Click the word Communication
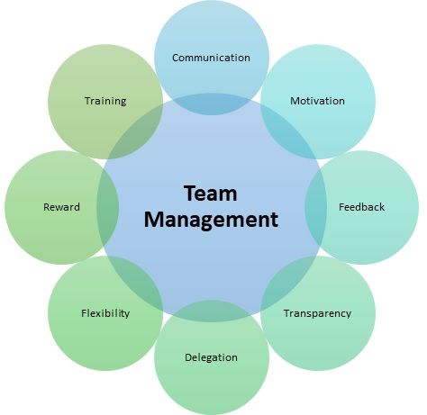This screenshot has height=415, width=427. pyautogui.click(x=211, y=58)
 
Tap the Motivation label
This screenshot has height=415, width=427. pyautogui.click(x=317, y=101)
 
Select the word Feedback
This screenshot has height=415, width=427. pyautogui.click(x=361, y=207)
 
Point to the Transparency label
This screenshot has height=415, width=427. pyautogui.click(x=317, y=313)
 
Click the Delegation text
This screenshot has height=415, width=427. pyautogui.click(x=211, y=357)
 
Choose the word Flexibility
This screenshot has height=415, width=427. pyautogui.click(x=105, y=313)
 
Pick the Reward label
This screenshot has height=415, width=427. pyautogui.click(x=61, y=207)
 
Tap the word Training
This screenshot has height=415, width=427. pyautogui.click(x=105, y=101)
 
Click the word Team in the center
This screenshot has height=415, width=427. pyautogui.click(x=211, y=194)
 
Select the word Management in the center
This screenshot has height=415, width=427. pyautogui.click(x=211, y=220)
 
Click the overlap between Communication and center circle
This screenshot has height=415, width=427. pyautogui.click(x=212, y=104)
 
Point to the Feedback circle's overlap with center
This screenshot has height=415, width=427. pyautogui.click(x=315, y=207)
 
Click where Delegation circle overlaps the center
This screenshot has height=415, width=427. pyautogui.click(x=212, y=311)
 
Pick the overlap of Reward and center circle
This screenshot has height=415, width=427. pyautogui.click(x=107, y=207)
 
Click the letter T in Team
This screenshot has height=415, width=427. pyautogui.click(x=190, y=194)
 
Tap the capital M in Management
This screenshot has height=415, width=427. pyautogui.click(x=154, y=220)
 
